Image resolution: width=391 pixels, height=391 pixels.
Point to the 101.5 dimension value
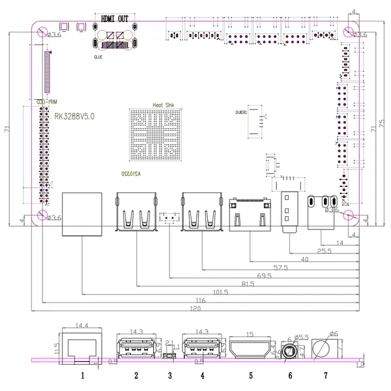pyautogui.click(x=221, y=293)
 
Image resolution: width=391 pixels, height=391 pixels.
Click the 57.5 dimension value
pyautogui.click(x=280, y=267)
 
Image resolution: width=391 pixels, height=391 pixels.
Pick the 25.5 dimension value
pyautogui.click(x=324, y=250)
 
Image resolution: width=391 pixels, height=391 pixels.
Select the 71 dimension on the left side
pyautogui.click(x=7, y=129)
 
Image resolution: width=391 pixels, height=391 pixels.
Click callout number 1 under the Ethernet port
pyautogui.click(x=82, y=375)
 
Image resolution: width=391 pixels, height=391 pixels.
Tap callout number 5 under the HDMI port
pyautogui.click(x=250, y=375)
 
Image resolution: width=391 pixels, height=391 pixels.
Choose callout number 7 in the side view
pyautogui.click(x=325, y=375)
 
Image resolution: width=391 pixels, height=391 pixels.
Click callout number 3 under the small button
pyautogui.click(x=169, y=375)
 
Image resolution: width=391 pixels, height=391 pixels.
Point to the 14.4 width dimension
pyautogui.click(x=82, y=325)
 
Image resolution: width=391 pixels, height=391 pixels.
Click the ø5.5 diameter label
pyautogui.click(x=300, y=337)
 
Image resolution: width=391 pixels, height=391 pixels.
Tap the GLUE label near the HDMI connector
pyautogui.click(x=98, y=56)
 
